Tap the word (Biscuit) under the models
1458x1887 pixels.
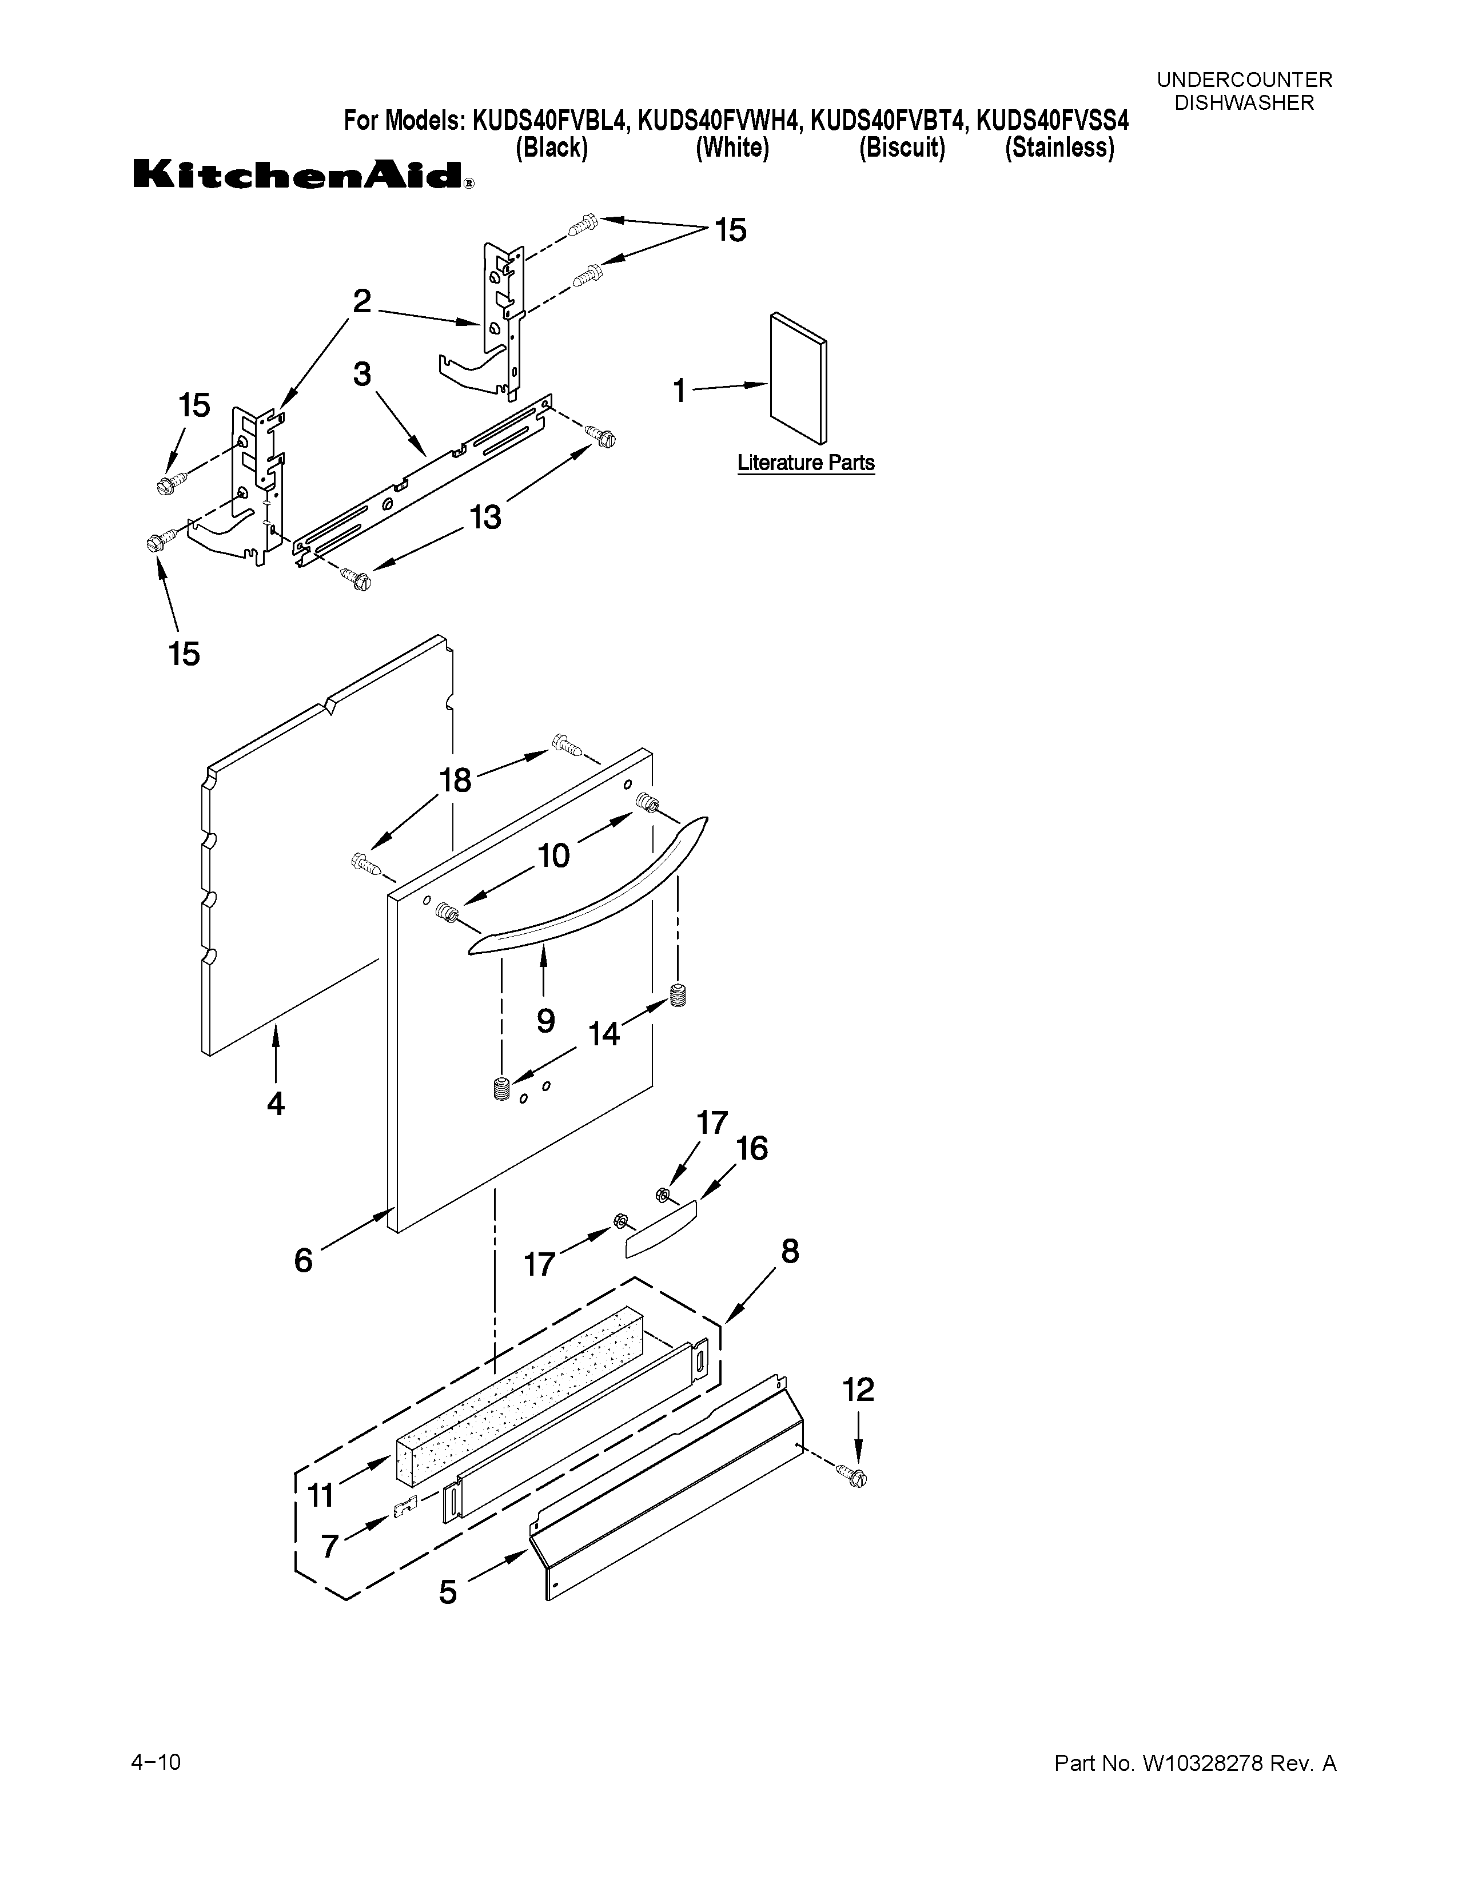pyautogui.click(x=902, y=149)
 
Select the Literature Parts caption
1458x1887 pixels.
pyautogui.click(x=805, y=463)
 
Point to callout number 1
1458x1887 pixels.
pyautogui.click(x=680, y=391)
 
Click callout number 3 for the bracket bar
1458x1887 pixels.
pyautogui.click(x=362, y=374)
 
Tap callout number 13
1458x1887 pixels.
pyautogui.click(x=485, y=517)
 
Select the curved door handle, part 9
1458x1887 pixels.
pyautogui.click(x=587, y=890)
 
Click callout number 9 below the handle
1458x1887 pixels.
pyautogui.click(x=545, y=1020)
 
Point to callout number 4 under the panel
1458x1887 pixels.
pyautogui.click(x=276, y=1104)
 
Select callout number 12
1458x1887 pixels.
pyautogui.click(x=858, y=1390)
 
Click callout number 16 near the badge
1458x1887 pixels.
pyautogui.click(x=751, y=1148)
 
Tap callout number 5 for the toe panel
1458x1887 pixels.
pyautogui.click(x=448, y=1591)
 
